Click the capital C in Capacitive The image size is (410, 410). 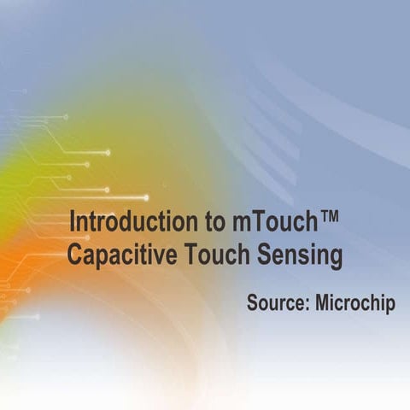[74, 254]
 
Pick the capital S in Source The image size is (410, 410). [252, 303]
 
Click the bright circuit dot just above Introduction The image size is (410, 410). [146, 197]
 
